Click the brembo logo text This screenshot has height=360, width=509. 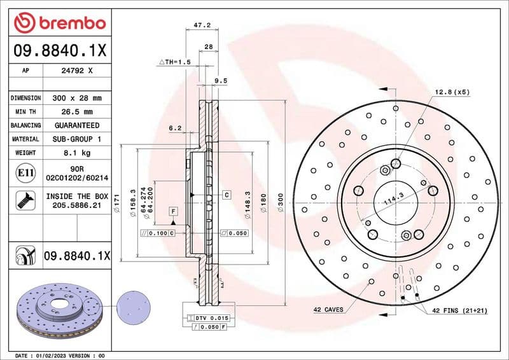click(69, 24)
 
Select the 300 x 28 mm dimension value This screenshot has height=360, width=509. click(76, 98)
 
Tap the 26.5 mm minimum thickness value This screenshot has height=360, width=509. click(76, 112)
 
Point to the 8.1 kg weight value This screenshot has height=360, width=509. click(76, 153)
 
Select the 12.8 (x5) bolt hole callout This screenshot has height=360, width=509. click(452, 92)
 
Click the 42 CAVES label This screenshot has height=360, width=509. click(328, 310)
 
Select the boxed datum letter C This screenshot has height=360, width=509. click(226, 193)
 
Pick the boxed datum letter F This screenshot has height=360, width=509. click(172, 210)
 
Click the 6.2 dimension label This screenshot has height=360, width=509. click(175, 128)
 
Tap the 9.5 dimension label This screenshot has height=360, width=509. click(220, 81)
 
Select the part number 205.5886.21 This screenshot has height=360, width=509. click(76, 206)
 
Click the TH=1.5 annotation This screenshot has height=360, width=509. click(174, 62)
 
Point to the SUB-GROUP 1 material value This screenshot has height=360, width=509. click(76, 139)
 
